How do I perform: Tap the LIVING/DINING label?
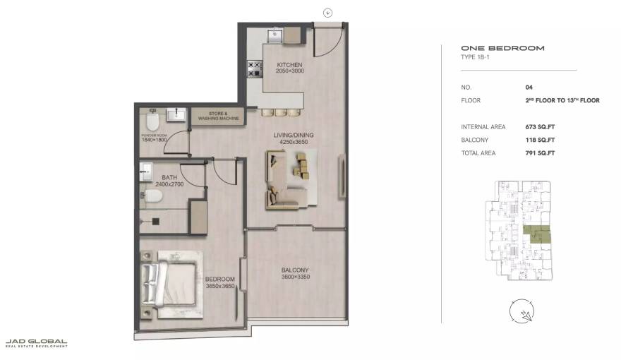294,135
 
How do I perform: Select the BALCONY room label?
295,270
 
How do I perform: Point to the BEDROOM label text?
219,279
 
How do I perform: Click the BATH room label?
169,178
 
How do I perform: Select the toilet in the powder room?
151,118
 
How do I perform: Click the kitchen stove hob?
253,68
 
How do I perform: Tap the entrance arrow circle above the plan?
327,12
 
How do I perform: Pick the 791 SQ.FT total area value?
540,153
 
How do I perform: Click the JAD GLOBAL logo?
37,343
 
